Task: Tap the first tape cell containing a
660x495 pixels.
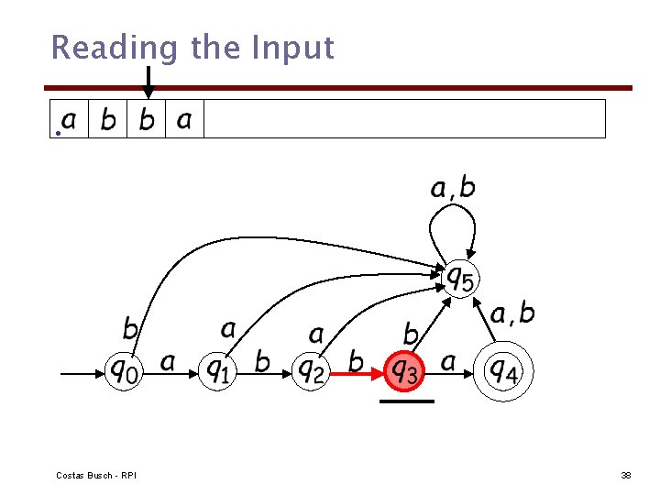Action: click(70, 119)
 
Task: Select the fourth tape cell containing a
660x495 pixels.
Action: click(184, 119)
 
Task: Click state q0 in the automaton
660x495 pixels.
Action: click(125, 370)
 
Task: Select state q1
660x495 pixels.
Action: click(217, 370)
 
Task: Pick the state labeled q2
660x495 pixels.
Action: click(311, 370)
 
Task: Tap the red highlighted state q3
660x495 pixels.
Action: click(404, 370)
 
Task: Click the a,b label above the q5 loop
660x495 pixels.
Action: click(453, 188)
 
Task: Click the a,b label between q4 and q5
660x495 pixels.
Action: click(512, 314)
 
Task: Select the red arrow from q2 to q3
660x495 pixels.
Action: click(357, 374)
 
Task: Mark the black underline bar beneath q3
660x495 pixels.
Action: click(406, 401)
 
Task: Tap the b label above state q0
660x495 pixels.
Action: click(131, 328)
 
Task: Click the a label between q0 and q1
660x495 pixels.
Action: click(168, 362)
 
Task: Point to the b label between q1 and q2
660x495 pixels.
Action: click(262, 362)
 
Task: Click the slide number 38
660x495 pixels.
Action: click(626, 476)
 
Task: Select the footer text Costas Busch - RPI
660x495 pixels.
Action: click(96, 476)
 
